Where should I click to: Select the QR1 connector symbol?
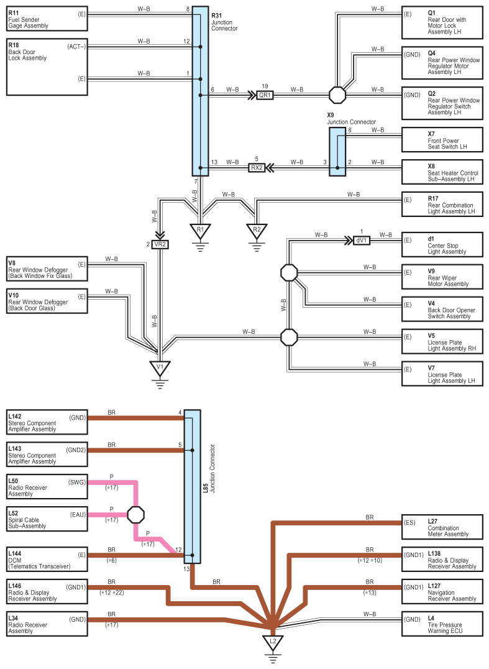pyautogui.click(x=265, y=95)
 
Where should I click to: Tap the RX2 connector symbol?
pyautogui.click(x=257, y=168)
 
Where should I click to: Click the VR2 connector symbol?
pyautogui.click(x=160, y=244)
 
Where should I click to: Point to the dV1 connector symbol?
pyautogui.click(x=362, y=240)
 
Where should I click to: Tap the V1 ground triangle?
pyautogui.click(x=160, y=368)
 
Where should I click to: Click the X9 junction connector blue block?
pyautogui.click(x=337, y=152)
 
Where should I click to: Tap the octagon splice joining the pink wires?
pyautogui.click(x=136, y=515)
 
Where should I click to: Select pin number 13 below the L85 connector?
pyautogui.click(x=186, y=569)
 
